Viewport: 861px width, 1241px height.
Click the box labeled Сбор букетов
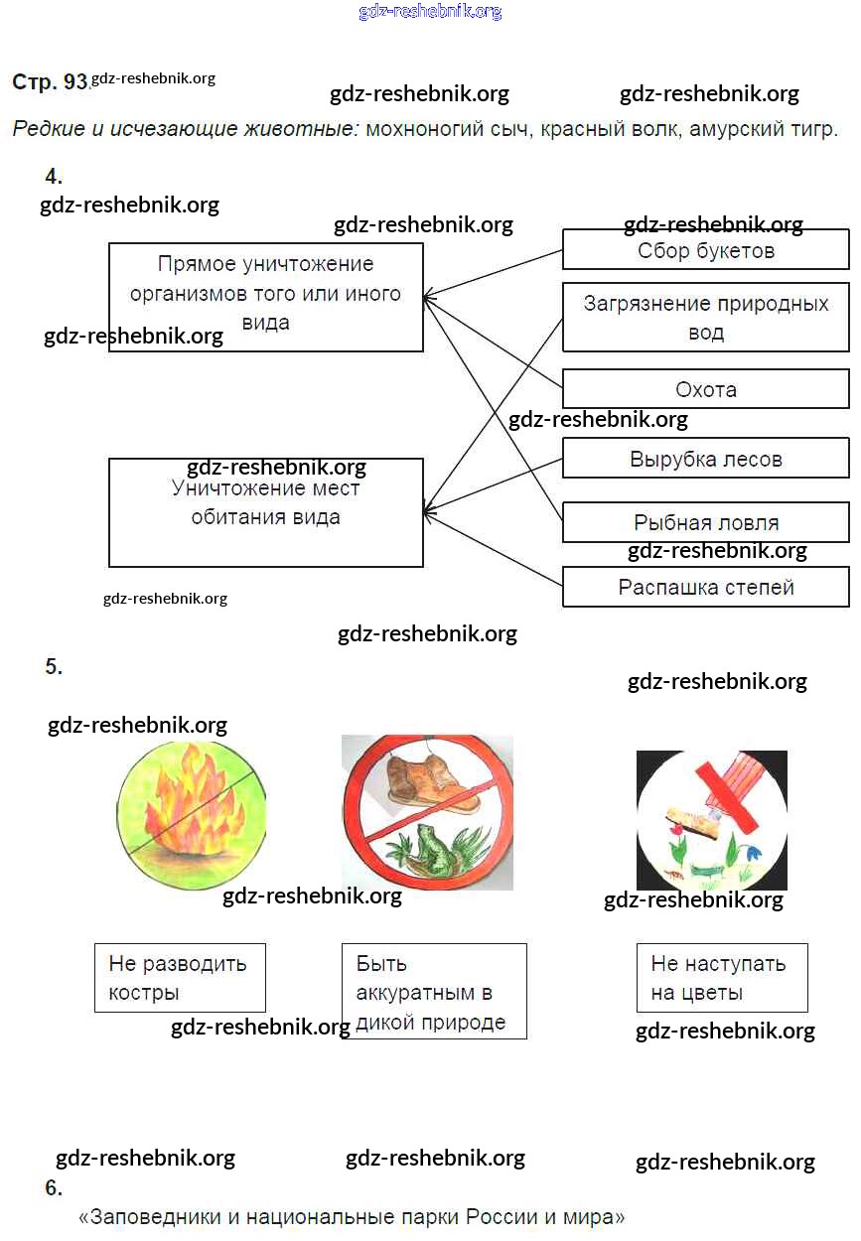click(x=705, y=250)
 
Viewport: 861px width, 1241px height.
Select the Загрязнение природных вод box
click(x=705, y=318)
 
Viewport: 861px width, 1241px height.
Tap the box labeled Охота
click(x=705, y=389)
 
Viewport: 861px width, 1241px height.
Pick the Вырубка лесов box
click(x=705, y=460)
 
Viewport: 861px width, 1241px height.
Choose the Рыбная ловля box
click(x=705, y=523)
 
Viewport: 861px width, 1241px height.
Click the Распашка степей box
click(x=705, y=587)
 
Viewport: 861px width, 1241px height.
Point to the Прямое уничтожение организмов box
click(x=265, y=295)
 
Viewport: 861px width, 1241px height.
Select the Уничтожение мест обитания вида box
click(x=265, y=511)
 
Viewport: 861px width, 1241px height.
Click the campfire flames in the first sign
click(x=189, y=809)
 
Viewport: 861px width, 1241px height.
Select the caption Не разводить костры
click(x=179, y=978)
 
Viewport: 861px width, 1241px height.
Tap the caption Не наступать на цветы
click(x=720, y=978)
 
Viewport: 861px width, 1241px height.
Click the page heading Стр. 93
click(x=50, y=82)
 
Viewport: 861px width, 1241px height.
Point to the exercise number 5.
click(x=54, y=667)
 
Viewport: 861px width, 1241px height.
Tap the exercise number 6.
click(x=54, y=1188)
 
